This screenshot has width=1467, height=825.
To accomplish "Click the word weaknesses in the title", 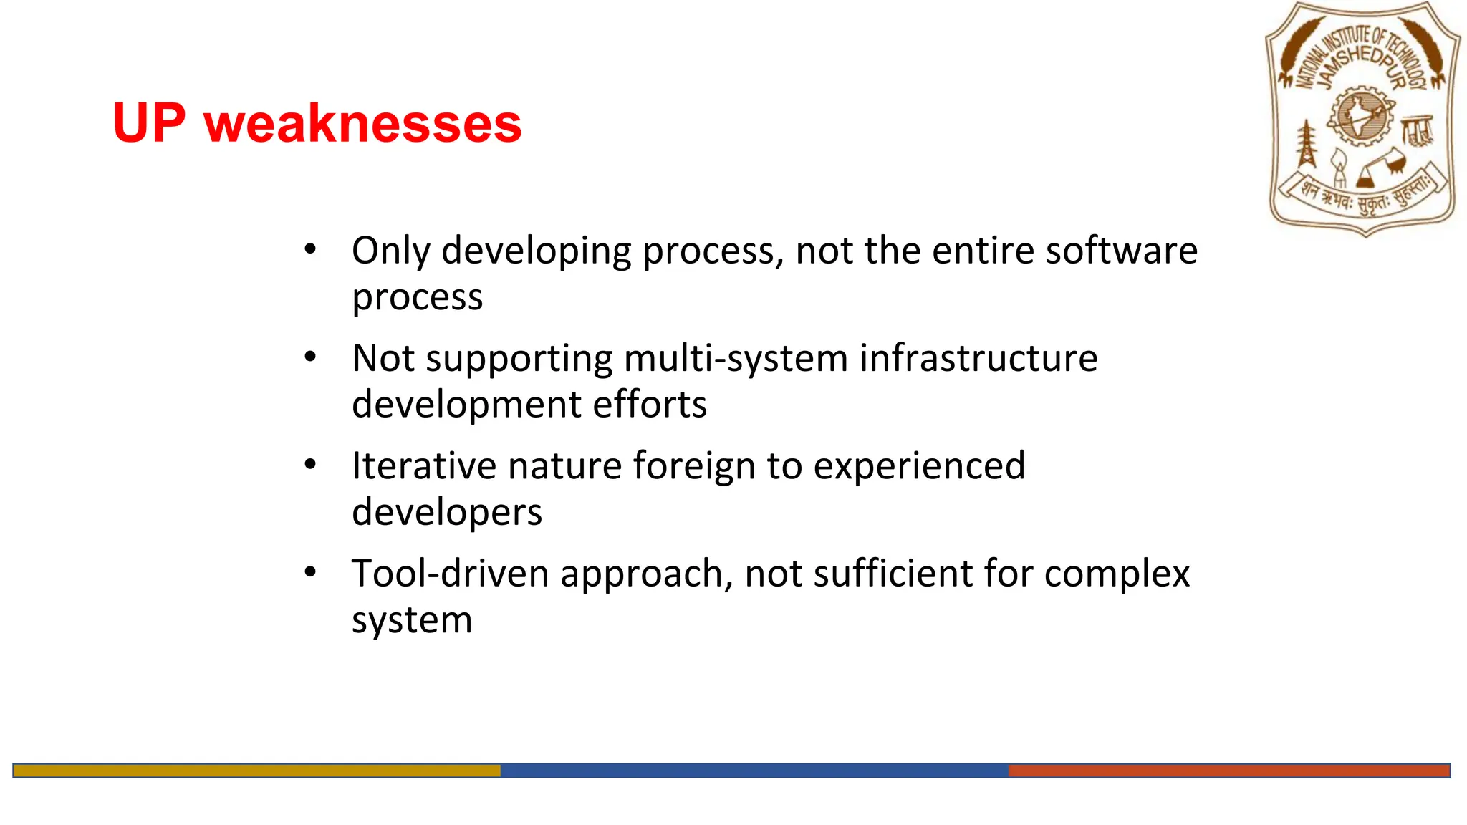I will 363,124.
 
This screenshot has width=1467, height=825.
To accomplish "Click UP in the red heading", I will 149,123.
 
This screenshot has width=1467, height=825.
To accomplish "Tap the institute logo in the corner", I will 1363,119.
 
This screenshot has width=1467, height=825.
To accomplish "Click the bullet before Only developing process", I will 310,249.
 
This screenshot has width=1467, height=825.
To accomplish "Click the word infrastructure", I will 978,358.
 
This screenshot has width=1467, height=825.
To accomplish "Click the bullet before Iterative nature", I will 310,465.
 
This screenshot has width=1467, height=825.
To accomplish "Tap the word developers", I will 447,513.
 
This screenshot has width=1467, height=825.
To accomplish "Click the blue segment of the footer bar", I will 754,771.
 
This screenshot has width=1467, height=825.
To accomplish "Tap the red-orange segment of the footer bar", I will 1228,771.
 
